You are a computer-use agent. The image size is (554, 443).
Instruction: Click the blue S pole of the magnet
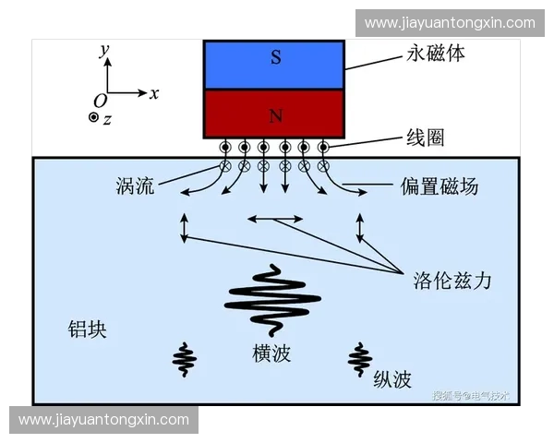[x=274, y=64]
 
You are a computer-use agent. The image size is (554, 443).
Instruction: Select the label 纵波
[x=392, y=379]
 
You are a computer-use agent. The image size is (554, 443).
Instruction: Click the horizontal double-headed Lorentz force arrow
[x=275, y=219]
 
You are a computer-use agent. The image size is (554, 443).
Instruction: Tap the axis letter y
[x=105, y=49]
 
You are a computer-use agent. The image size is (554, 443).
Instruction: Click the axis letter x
[x=154, y=93]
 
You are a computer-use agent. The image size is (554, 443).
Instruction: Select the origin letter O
[x=100, y=100]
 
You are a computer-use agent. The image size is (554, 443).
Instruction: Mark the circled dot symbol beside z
[x=93, y=119]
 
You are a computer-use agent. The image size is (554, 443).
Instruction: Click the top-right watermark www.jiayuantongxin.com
[x=450, y=22]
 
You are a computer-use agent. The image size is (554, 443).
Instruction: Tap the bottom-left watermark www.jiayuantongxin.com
[x=103, y=420]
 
